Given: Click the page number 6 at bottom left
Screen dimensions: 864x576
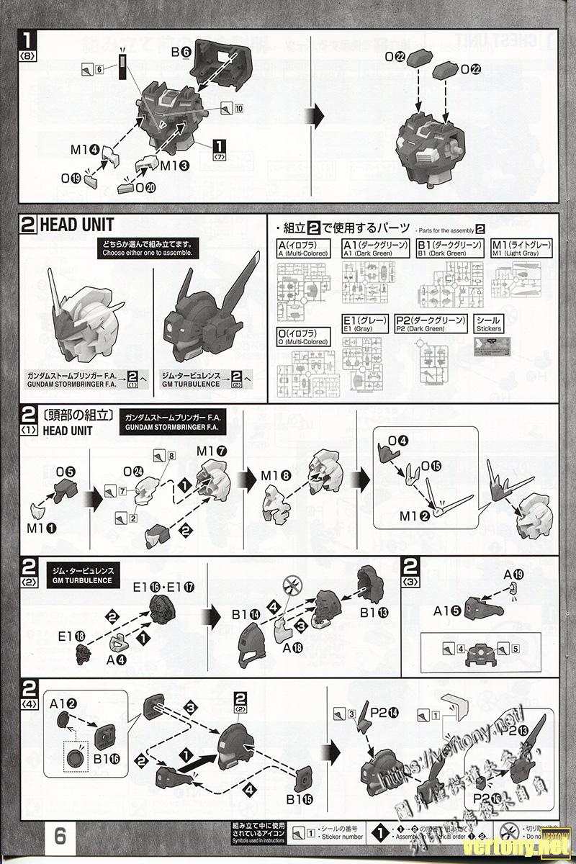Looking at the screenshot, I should tap(60, 836).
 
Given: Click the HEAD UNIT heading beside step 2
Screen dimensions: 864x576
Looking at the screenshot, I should tap(77, 225).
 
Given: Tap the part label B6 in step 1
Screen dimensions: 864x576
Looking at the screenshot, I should tap(181, 52).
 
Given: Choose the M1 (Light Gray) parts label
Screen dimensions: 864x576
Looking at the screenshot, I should tap(521, 249).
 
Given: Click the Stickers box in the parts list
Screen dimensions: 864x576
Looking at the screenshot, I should tap(489, 323).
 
